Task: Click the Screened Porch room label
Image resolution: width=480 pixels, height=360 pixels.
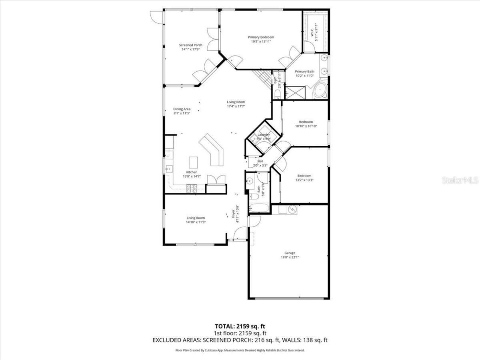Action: tap(190, 45)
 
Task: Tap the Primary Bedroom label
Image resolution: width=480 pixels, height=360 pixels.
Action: tap(261, 37)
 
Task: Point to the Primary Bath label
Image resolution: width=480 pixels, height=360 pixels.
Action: tap(304, 72)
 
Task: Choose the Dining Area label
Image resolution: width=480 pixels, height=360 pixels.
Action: tap(182, 109)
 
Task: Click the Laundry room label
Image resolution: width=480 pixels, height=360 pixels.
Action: tap(264, 135)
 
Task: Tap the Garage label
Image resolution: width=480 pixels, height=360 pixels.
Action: tap(289, 253)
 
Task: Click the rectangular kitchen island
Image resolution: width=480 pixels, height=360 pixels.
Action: tap(193, 162)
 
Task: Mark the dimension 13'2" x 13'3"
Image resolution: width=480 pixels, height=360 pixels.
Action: tap(304, 180)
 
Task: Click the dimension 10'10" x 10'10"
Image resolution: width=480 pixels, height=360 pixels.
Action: tap(306, 126)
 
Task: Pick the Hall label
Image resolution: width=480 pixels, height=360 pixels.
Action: tap(260, 161)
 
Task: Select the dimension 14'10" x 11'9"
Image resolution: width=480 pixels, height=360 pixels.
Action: tap(196, 222)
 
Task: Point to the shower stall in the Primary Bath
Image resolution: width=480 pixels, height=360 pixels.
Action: tap(294, 91)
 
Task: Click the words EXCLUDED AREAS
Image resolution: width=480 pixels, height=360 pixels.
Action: tap(177, 340)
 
